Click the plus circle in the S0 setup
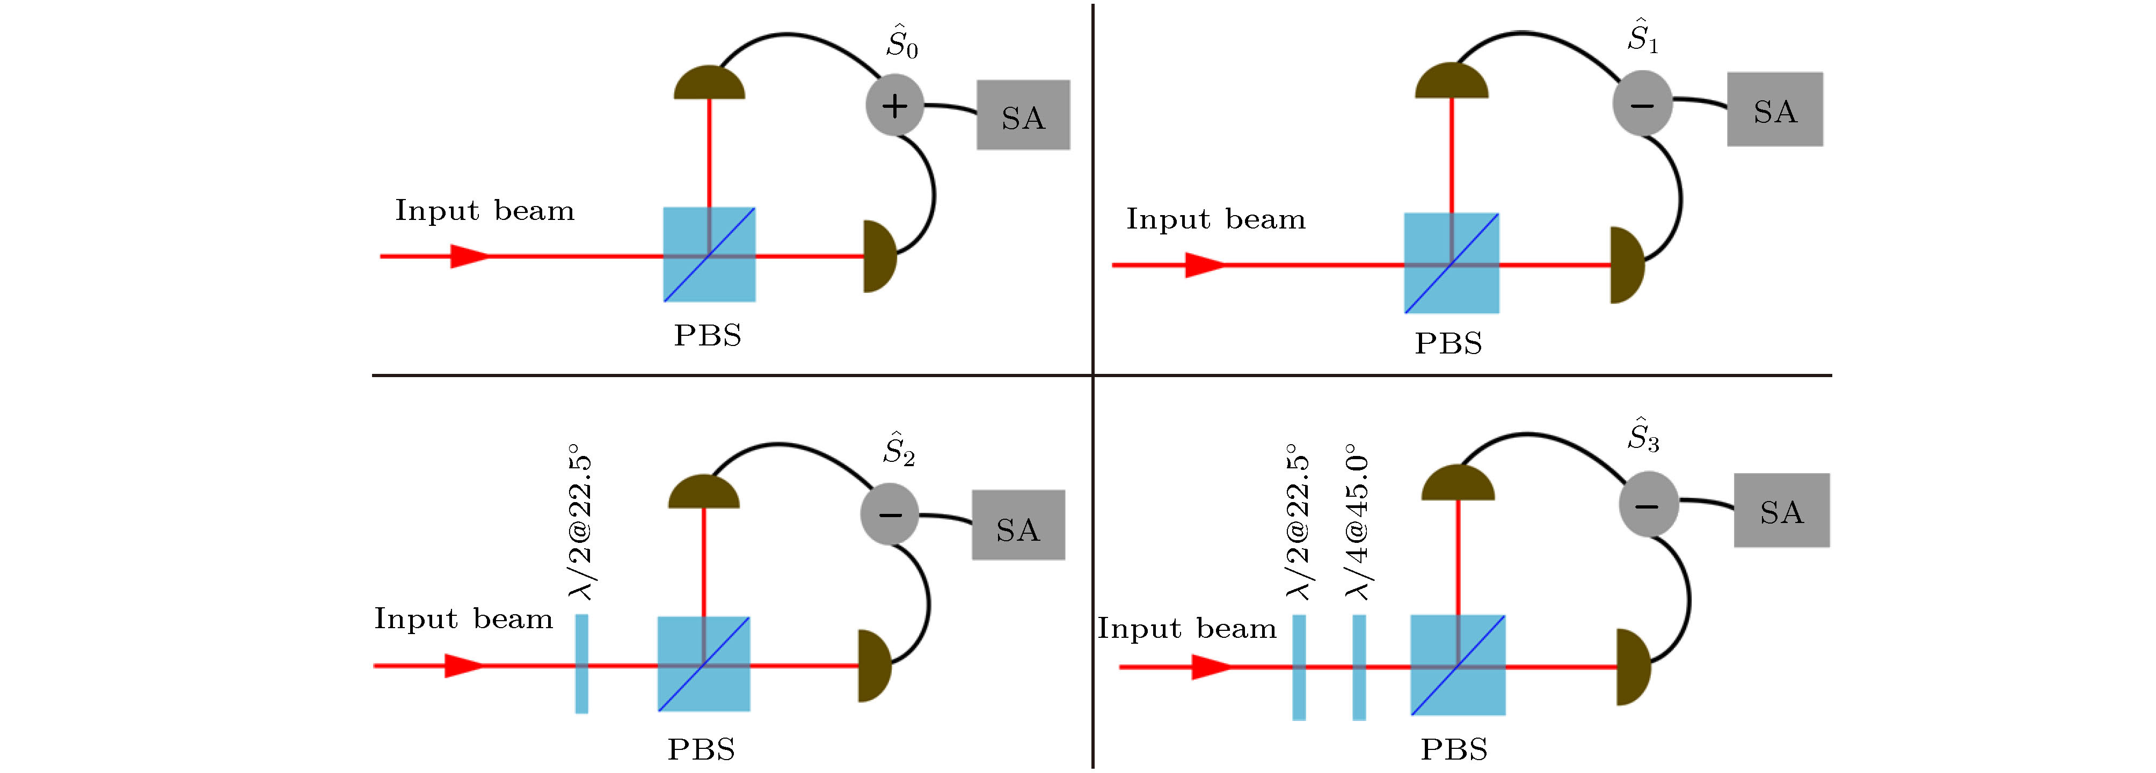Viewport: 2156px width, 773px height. click(x=894, y=105)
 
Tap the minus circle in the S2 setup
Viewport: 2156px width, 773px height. click(x=890, y=514)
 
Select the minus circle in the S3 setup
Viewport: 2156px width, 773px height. click(x=1648, y=504)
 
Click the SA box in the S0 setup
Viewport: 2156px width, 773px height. click(x=1023, y=115)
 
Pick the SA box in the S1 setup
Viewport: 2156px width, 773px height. click(x=1774, y=109)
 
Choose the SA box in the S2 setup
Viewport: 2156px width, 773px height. click(x=1018, y=525)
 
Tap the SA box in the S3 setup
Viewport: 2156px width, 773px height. click(x=1781, y=510)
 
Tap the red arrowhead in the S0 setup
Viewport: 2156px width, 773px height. click(x=469, y=256)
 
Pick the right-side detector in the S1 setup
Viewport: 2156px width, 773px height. click(x=1626, y=265)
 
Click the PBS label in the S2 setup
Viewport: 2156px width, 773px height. click(x=701, y=749)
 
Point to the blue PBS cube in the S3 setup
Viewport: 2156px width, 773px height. click(x=1458, y=666)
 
